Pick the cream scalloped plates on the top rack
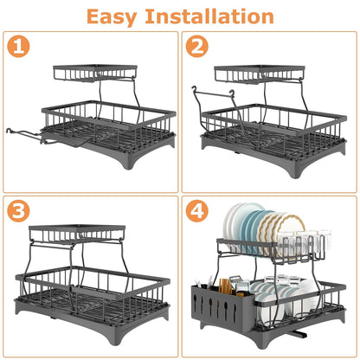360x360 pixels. (x=290, y=234)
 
